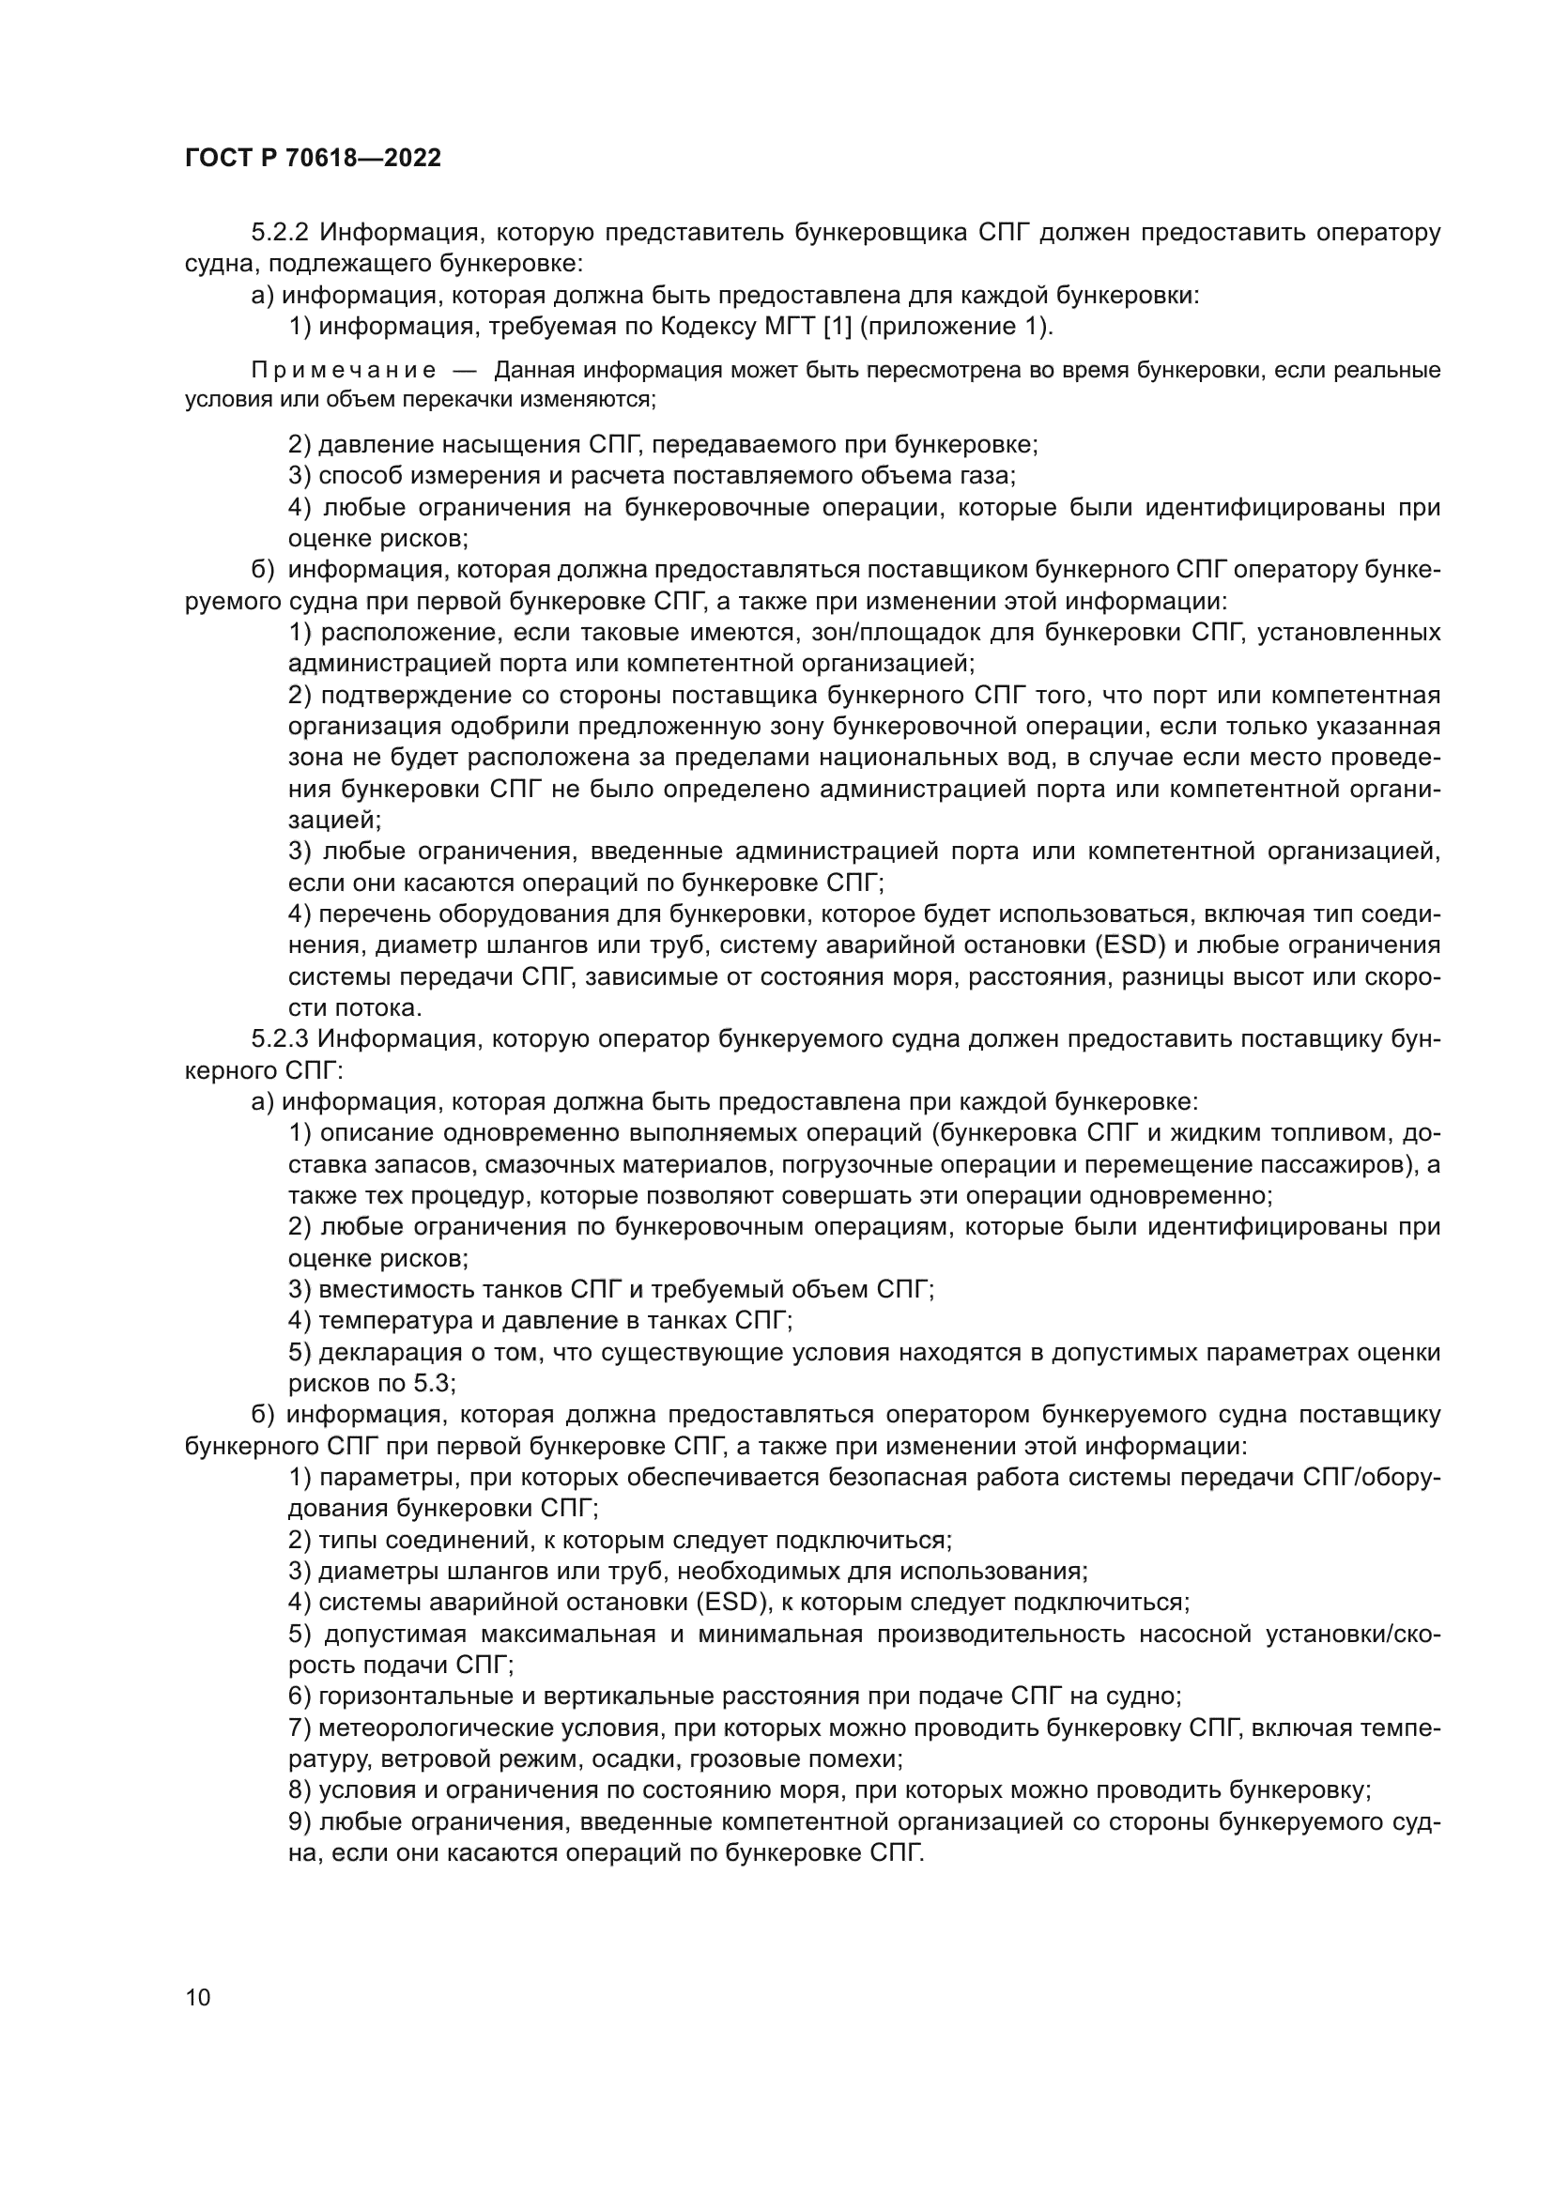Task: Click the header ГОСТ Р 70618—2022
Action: pos(313,159)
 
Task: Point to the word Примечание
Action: pos(344,371)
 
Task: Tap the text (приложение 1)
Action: pos(956,327)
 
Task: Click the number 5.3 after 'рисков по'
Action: pos(435,1383)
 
